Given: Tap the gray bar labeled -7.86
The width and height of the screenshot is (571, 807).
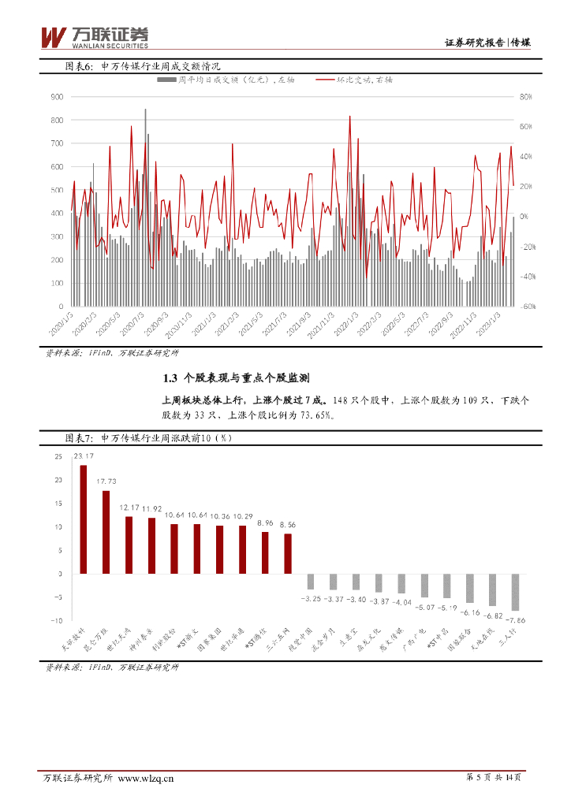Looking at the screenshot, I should pos(515,592).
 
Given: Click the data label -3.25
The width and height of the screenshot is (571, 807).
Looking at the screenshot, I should pos(310,599).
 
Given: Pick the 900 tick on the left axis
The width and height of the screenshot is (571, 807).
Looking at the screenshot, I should pos(57,96).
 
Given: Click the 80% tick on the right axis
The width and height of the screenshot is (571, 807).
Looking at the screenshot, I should pos(528,97).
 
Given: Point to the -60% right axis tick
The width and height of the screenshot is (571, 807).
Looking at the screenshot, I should pos(527,306).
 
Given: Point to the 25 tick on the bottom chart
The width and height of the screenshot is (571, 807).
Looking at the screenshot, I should pos(58,457).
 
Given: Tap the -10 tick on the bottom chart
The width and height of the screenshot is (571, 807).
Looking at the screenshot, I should pos(56,619).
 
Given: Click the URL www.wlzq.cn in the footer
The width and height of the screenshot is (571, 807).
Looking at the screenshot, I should pos(146,779).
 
